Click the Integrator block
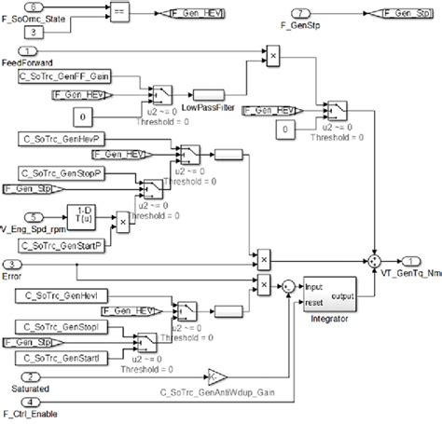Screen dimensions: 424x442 328,296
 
